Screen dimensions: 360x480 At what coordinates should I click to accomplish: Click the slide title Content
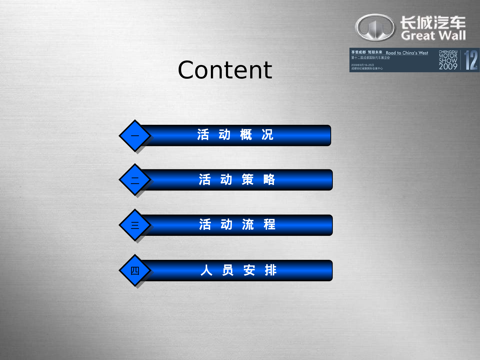click(x=225, y=70)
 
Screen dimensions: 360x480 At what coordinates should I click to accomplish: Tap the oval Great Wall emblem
click(x=375, y=28)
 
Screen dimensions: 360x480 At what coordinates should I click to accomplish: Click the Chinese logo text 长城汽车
click(x=433, y=23)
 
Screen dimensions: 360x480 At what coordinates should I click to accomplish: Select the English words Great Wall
click(x=433, y=36)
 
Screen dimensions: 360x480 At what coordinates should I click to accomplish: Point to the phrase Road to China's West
click(x=407, y=53)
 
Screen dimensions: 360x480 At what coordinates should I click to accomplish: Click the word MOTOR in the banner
click(x=448, y=56)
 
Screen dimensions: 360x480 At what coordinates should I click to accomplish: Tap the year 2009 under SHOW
click(x=448, y=67)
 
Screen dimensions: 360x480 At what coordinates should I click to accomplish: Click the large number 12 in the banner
click(x=471, y=60)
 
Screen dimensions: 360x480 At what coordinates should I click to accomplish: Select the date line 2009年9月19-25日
click(x=362, y=65)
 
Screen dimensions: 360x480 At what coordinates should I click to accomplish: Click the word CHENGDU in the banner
click(x=448, y=52)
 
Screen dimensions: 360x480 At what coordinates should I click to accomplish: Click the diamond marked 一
click(x=135, y=136)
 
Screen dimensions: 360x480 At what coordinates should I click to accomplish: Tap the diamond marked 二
click(x=135, y=180)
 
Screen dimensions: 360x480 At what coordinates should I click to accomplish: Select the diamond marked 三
click(x=135, y=225)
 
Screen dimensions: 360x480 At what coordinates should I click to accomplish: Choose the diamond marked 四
click(x=135, y=271)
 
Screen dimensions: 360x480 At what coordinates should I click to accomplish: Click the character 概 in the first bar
click(x=246, y=135)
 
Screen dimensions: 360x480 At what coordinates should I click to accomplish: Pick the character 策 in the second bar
click(x=248, y=180)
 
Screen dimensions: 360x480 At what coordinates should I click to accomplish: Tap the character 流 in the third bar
click(x=248, y=225)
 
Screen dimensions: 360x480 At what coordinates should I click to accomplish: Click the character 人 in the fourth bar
click(x=206, y=270)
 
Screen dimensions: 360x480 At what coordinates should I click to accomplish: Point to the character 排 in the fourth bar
click(x=270, y=270)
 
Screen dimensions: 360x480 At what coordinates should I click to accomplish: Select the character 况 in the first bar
click(x=268, y=135)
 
